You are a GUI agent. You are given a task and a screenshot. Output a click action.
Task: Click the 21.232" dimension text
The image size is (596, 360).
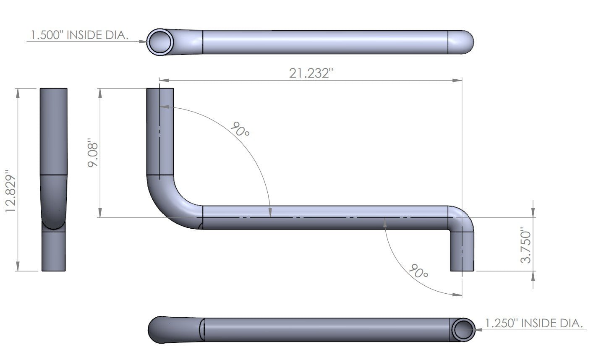(x=311, y=73)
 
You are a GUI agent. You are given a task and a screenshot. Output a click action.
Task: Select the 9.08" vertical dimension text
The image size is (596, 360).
(x=93, y=154)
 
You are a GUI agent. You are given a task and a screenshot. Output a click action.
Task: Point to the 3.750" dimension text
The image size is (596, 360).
(x=525, y=245)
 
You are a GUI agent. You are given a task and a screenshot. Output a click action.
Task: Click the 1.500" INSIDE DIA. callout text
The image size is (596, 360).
(x=79, y=35)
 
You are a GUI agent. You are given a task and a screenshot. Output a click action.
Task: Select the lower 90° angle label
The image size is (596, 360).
(x=418, y=271)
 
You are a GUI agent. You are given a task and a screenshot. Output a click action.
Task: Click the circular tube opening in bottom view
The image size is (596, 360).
(x=463, y=329)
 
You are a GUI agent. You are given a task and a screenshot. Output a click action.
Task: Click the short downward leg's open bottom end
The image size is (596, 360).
(x=462, y=270)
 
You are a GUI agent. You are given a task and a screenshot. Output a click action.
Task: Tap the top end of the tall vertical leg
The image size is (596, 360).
(x=160, y=89)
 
